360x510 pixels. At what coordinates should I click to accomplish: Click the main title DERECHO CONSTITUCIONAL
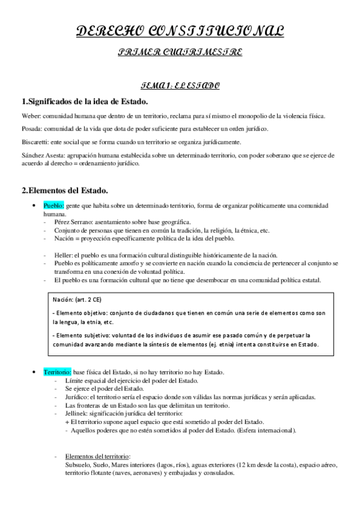pos(180,32)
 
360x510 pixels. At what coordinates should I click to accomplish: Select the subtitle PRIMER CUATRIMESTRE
pos(180,53)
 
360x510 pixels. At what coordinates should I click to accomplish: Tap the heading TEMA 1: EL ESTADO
pos(180,86)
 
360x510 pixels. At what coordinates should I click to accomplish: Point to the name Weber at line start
pos(29,115)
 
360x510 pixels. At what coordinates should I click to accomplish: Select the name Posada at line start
pos(30,128)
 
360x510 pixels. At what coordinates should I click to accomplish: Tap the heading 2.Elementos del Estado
pos(65,191)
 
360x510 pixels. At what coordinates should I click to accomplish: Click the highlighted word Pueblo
pos(53,205)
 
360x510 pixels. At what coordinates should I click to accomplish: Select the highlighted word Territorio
pos(57,372)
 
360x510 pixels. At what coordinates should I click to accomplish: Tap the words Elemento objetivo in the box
pos(82,313)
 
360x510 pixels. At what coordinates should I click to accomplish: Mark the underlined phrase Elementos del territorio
pos(96,456)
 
